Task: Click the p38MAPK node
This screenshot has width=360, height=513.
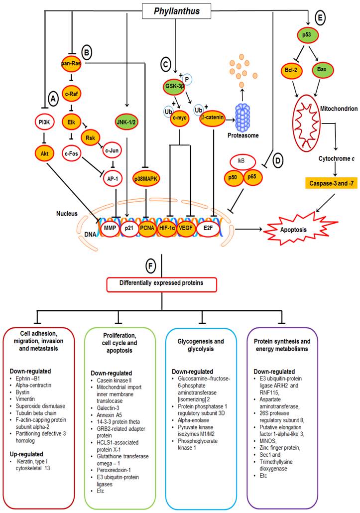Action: pyautogui.click(x=145, y=177)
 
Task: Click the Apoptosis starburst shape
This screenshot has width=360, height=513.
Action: pyautogui.click(x=288, y=231)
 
